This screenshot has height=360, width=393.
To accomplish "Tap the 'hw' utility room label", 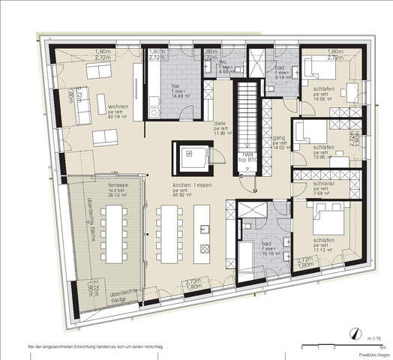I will [174, 85].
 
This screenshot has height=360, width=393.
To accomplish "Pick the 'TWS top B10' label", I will [244, 177].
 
